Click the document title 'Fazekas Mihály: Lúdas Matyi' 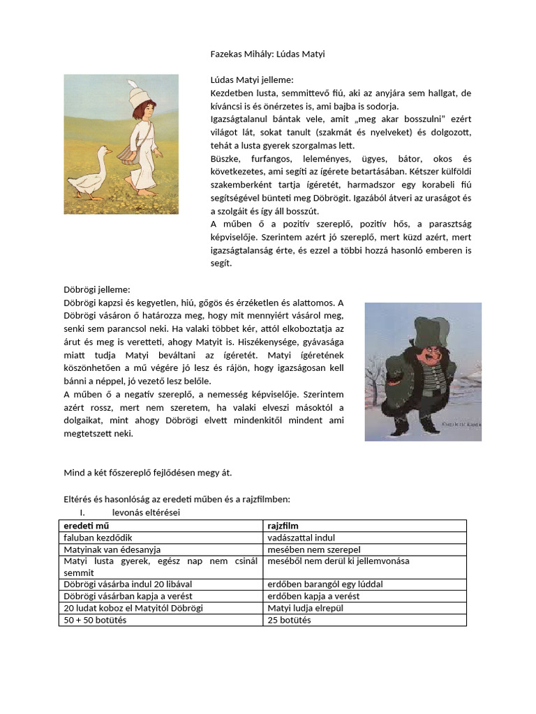tap(267, 54)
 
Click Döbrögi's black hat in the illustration tap(423, 327)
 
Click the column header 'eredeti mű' tap(87, 525)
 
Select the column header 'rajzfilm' tap(284, 525)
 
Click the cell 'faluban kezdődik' tap(98, 538)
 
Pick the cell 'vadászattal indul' tap(301, 538)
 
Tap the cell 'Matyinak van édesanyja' tap(112, 549)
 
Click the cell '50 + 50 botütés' tap(95, 619)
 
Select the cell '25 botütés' tap(289, 619)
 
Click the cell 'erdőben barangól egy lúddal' tap(325, 584)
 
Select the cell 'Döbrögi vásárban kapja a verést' tap(128, 595)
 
